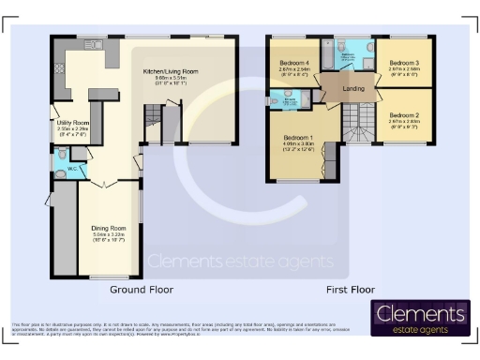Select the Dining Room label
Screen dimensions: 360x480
(110, 228)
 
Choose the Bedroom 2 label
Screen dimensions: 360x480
(404, 113)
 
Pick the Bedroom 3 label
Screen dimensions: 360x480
(404, 64)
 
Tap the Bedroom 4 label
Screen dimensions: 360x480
(294, 62)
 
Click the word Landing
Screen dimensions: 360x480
(354, 89)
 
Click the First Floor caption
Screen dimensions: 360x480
(352, 290)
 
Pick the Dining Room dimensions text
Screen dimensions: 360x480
(110, 240)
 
